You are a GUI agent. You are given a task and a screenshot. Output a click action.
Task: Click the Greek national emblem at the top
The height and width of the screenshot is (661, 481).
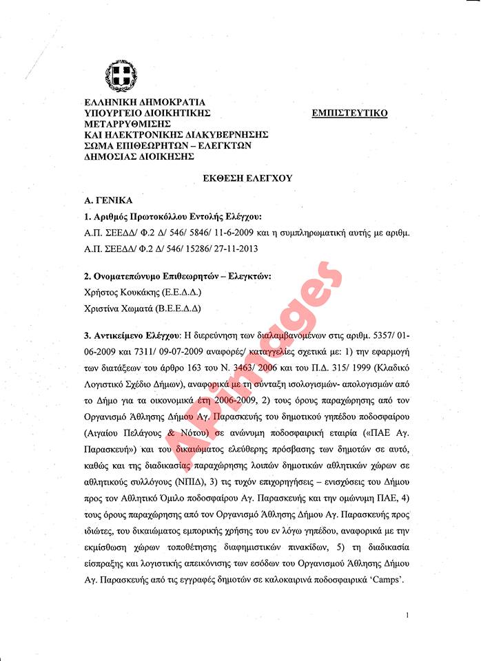pos(121,76)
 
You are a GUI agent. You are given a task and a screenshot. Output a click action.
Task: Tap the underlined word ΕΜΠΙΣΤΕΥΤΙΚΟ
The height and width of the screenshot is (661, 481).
pos(349,113)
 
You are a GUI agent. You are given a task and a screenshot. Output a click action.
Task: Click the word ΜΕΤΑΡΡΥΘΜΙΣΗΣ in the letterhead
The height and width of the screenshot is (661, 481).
pos(127,123)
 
